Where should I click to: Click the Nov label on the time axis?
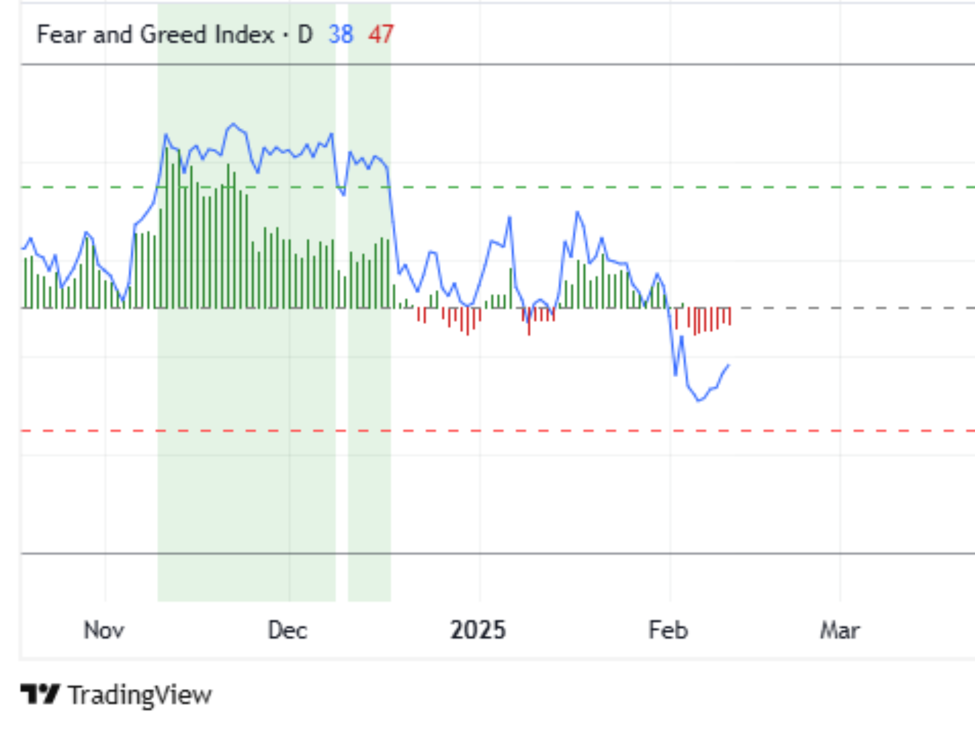pyautogui.click(x=104, y=630)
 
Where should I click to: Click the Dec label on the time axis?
pyautogui.click(x=287, y=630)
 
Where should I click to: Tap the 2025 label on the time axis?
pyautogui.click(x=478, y=630)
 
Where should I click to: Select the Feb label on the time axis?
pyautogui.click(x=668, y=630)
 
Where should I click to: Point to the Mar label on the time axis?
pyautogui.click(x=839, y=630)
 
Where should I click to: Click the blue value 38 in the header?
pyautogui.click(x=340, y=35)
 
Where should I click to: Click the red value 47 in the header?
pyautogui.click(x=381, y=35)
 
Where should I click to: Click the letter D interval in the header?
pyautogui.click(x=305, y=35)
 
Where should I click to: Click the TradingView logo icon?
pyautogui.click(x=40, y=694)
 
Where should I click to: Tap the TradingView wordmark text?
pyautogui.click(x=140, y=695)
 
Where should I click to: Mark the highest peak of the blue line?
pyautogui.click(x=233, y=124)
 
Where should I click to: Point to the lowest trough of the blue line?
pyautogui.click(x=699, y=401)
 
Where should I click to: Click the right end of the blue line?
pyautogui.click(x=729, y=365)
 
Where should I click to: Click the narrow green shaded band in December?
pyautogui.click(x=369, y=434)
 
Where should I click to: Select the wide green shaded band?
pyautogui.click(x=246, y=434)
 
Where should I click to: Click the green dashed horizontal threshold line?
pyautogui.click(x=597, y=187)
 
